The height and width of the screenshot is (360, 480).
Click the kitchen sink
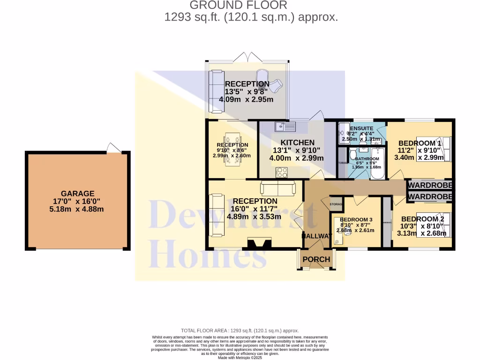click(285, 126)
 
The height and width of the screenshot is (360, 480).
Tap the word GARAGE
click(77, 193)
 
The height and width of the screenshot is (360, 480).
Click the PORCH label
click(316, 259)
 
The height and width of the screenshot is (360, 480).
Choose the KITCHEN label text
click(297, 142)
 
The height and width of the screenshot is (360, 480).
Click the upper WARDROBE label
click(430, 185)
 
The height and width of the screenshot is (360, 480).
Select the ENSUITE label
click(361, 128)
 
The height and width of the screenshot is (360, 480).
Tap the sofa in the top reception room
click(217, 91)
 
